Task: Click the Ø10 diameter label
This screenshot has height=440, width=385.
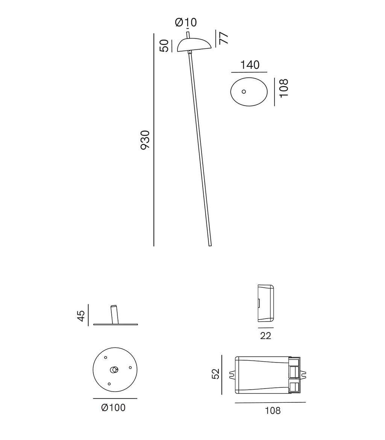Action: tap(186, 23)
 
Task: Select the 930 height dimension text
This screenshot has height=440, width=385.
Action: tap(145, 140)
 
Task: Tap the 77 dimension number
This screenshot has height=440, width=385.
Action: tap(223, 38)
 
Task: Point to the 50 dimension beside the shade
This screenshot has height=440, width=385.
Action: tap(164, 46)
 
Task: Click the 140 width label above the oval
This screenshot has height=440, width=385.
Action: tap(250, 65)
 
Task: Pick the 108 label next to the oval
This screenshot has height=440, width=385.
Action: tap(284, 88)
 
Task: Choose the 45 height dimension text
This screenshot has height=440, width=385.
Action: tap(81, 316)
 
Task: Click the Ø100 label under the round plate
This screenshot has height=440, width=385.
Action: tap(113, 407)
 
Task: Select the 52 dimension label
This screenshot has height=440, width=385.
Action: tap(215, 374)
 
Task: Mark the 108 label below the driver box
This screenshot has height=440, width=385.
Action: tap(273, 411)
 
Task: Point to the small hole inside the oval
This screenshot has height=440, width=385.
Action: tap(244, 91)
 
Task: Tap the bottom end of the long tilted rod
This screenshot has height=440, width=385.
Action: tap(210, 244)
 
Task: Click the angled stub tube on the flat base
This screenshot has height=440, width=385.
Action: tap(115, 314)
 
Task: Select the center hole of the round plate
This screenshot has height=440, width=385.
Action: tap(114, 370)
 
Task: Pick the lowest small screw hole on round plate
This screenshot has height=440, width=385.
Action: tap(109, 384)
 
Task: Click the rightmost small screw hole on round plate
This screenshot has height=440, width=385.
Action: tap(130, 367)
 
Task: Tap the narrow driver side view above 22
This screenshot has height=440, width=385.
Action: tap(265, 303)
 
